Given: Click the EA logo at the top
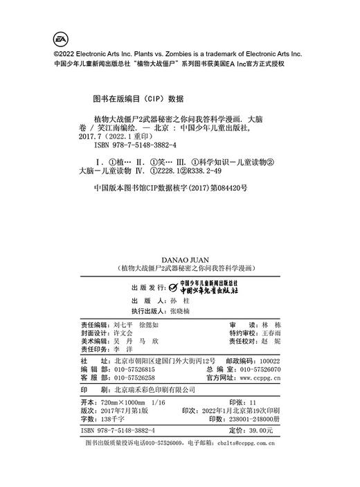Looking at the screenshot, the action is (59, 37).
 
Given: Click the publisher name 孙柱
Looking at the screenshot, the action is (179, 283).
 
